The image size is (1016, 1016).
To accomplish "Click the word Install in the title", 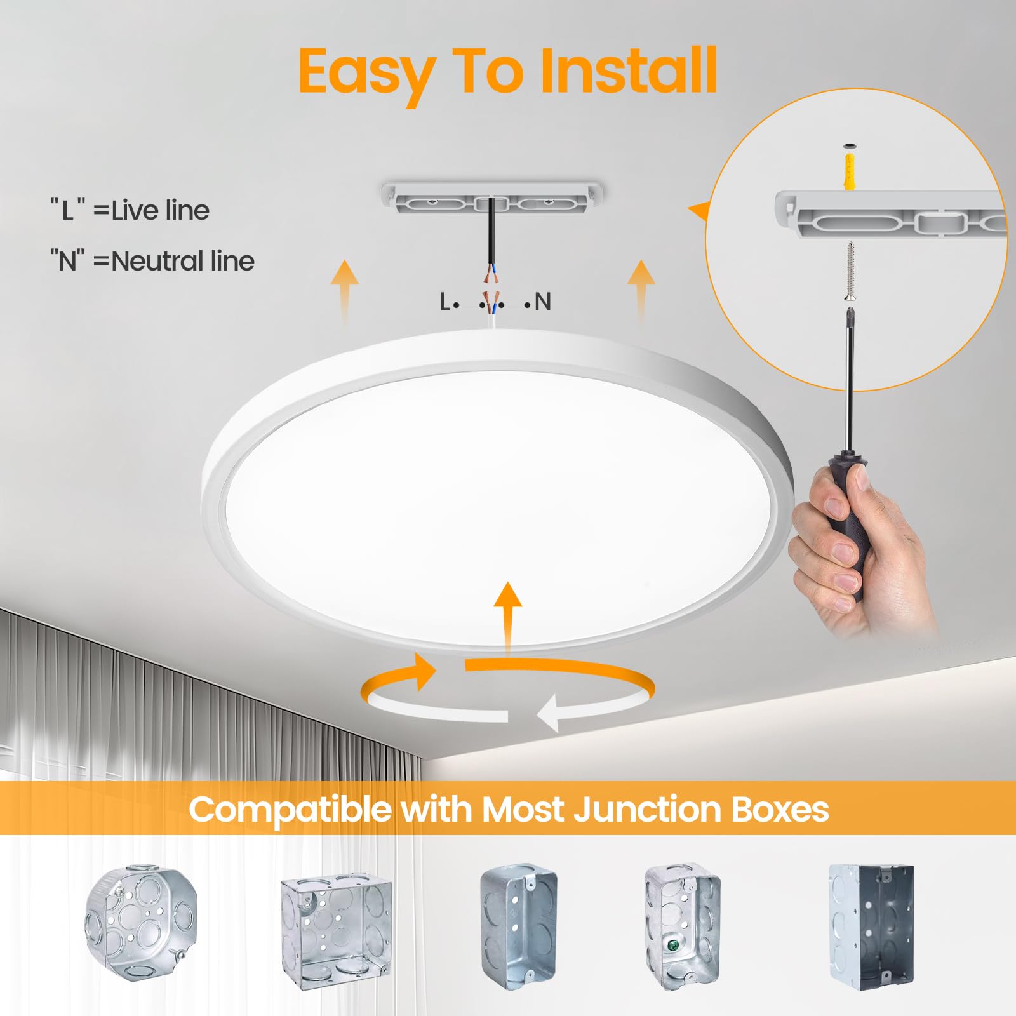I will coord(629,71).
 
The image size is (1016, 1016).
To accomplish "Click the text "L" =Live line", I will coord(130,210).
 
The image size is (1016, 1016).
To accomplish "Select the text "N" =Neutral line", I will coord(152,261).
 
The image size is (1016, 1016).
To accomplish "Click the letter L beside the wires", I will coord(445,302).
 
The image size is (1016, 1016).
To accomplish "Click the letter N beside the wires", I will coord(542,302).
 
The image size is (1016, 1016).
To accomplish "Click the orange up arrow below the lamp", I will coord(507,616).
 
